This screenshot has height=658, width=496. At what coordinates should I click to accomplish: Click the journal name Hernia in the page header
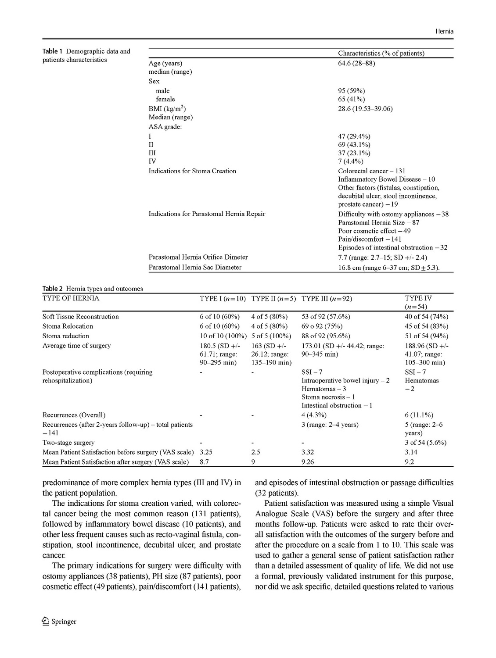444,31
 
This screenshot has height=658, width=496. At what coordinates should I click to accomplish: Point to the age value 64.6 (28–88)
356,63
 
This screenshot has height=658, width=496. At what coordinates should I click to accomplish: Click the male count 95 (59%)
351,91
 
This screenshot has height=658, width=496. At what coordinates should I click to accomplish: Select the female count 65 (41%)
351,99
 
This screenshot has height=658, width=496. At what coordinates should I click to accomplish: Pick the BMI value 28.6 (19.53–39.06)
365,108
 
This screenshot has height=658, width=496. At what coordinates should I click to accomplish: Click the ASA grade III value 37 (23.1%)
354,153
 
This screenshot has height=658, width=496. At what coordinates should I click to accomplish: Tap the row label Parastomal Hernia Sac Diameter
195,267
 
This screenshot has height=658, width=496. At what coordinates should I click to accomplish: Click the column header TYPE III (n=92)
327,299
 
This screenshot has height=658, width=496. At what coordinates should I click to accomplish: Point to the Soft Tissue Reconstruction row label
81,317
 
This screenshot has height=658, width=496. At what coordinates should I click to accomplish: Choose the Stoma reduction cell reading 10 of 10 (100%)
223,336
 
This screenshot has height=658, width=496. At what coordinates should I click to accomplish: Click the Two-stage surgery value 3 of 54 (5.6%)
425,443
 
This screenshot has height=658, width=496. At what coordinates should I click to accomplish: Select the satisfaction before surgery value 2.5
256,452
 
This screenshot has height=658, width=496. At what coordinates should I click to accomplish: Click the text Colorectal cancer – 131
371,171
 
